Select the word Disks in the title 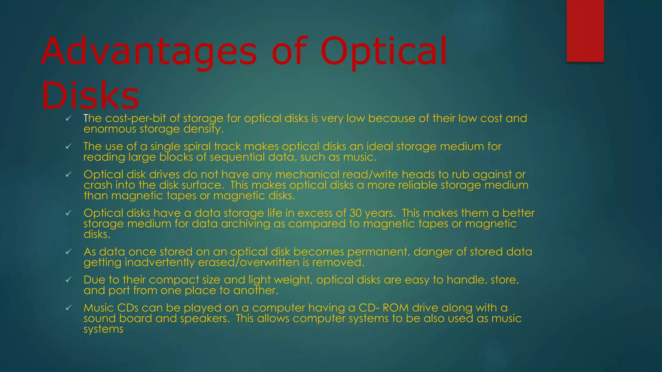90,96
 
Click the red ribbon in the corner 585,31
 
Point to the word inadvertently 160,263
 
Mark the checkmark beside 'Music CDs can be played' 68,308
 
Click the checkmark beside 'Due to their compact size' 68,280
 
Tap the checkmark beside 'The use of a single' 68,147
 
